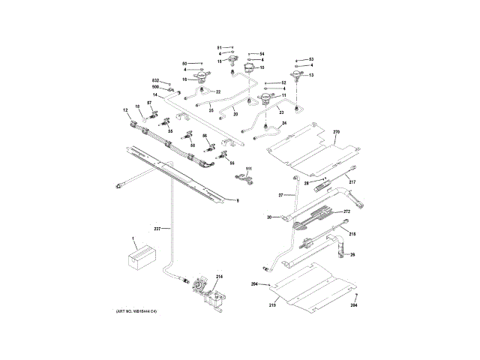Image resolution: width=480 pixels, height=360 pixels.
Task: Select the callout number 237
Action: point(157,228)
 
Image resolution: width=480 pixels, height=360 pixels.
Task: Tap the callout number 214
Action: point(220,277)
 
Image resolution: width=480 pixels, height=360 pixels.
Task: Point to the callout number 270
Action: point(336,132)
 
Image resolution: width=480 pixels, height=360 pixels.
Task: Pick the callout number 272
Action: point(347,212)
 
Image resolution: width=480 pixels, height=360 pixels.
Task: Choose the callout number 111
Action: point(249,169)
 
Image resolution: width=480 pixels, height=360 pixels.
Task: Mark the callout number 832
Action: point(157,80)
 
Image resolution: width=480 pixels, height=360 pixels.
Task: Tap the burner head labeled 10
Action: point(250,70)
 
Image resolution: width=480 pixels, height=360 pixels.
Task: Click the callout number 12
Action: point(126,111)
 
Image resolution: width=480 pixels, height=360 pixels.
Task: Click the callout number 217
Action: point(352,182)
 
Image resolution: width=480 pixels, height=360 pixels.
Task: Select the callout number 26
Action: point(352,254)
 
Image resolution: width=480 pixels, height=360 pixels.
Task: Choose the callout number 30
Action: point(268,217)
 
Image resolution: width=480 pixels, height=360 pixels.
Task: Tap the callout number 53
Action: point(311,58)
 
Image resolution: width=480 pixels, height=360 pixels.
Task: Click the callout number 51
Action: point(220,47)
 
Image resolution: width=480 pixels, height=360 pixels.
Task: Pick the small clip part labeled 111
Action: point(242,178)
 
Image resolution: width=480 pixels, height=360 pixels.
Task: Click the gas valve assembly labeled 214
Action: point(202,287)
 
